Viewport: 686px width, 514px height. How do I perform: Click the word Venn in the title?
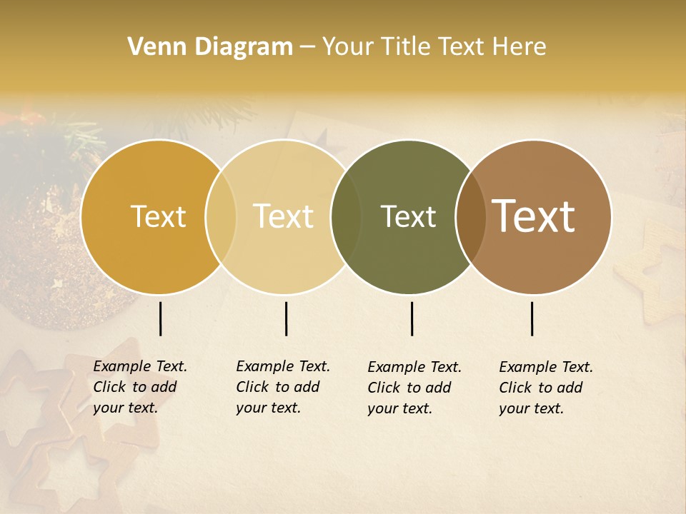(152, 47)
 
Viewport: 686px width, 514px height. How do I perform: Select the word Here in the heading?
(520, 47)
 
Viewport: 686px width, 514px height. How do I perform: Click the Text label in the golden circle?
(158, 216)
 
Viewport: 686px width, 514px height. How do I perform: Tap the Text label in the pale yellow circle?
(284, 216)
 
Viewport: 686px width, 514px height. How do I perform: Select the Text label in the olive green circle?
(408, 216)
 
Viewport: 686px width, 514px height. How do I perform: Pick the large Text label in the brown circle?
(534, 216)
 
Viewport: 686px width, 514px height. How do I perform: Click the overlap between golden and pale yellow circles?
(221, 216)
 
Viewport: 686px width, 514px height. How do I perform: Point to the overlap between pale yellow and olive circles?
(346, 216)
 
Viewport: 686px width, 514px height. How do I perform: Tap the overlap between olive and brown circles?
(470, 216)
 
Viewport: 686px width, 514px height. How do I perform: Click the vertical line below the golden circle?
(160, 318)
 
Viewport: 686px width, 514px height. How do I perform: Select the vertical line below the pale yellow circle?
(286, 318)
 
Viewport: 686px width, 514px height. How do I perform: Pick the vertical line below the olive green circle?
(412, 318)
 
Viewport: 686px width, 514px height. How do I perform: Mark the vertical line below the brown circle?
(532, 318)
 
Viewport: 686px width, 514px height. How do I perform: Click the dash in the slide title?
(307, 48)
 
